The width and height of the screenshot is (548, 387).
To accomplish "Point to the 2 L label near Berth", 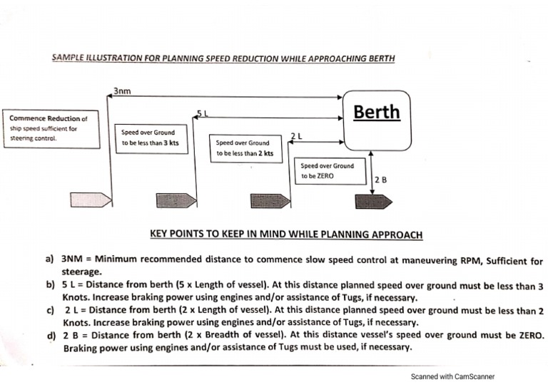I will click(297, 135).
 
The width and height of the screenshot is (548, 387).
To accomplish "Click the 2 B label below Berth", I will click(380, 180).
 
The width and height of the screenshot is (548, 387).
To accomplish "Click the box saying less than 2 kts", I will click(244, 148).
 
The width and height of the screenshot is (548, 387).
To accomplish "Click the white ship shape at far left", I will click(91, 200).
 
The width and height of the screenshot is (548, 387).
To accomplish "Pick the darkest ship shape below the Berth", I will click(373, 201).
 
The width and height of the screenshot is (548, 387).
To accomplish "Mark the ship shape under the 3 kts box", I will click(176, 200).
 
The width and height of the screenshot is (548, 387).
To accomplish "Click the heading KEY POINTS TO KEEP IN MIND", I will click(286, 234).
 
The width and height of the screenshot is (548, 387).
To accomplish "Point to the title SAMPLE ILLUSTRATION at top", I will click(223, 58).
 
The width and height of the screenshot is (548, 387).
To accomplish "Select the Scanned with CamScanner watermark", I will click(452, 376).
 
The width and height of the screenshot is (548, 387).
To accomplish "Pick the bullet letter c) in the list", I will click(50, 310).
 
